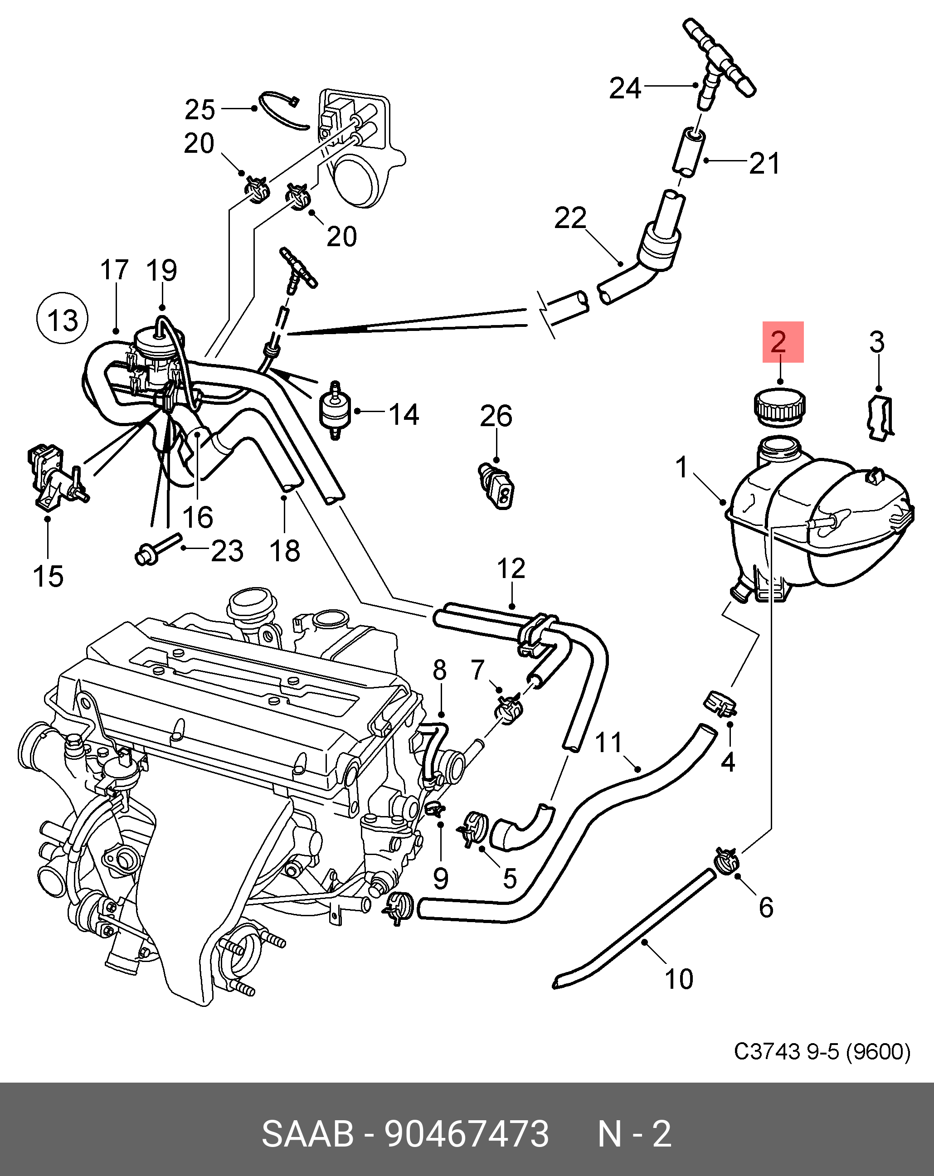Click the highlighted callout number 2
(782, 342)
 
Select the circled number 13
(62, 319)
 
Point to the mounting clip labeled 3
(880, 419)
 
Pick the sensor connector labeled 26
(496, 486)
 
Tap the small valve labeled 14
(335, 411)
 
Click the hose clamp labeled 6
(726, 861)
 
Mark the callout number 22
(569, 218)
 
